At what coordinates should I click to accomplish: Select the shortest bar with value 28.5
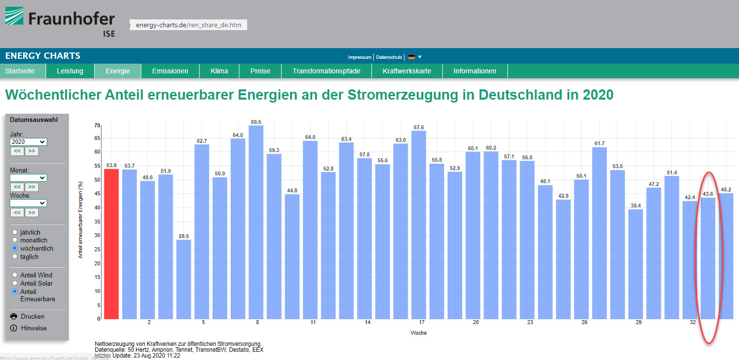184,279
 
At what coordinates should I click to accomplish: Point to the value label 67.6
419,128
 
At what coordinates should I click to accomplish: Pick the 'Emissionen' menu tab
170,71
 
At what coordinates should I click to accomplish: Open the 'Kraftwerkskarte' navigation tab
407,71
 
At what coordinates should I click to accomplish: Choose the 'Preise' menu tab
260,71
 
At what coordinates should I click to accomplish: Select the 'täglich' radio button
15,257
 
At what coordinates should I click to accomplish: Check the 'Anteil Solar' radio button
15,283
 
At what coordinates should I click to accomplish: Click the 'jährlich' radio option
15,232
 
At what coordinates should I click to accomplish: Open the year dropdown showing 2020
28,142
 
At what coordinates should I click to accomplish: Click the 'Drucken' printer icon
14,316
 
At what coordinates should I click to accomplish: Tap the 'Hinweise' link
34,328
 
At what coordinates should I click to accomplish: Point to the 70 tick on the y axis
97,125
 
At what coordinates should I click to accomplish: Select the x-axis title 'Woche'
419,333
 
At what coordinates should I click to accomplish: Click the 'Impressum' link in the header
360,57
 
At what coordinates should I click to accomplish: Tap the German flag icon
411,57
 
